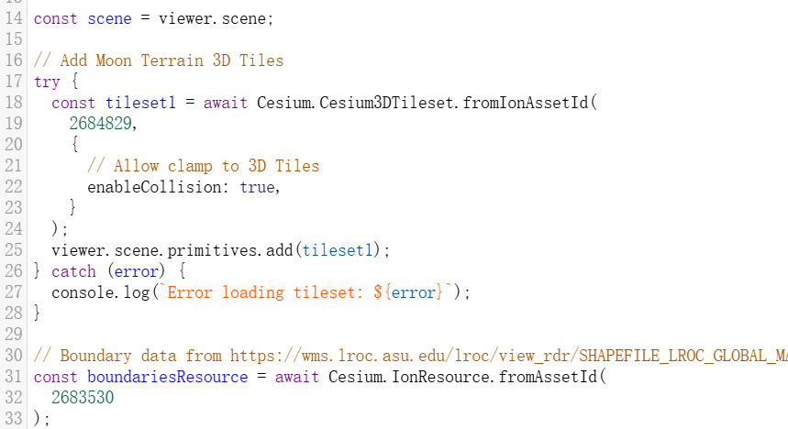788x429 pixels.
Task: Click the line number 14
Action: [13, 17]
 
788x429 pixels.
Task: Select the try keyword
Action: [47, 81]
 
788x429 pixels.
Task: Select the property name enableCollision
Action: [159, 186]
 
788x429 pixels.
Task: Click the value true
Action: [257, 186]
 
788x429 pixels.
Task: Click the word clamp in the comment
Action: [190, 165]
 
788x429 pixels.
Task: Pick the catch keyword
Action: [73, 271]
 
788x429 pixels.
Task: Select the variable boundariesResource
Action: [167, 377]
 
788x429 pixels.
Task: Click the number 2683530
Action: [83, 398]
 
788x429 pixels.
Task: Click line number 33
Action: [13, 419]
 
